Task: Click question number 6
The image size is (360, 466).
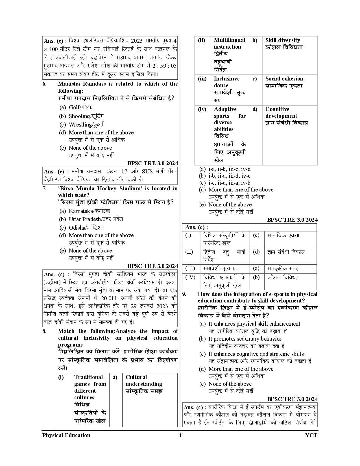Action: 44,84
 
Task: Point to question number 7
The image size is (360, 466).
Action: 44,189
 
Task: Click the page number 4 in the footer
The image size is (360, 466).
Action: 180,435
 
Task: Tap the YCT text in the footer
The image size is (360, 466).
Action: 311,435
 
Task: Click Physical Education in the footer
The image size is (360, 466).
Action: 66,435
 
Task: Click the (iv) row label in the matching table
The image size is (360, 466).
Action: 202,109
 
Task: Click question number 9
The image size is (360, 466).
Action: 184,294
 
